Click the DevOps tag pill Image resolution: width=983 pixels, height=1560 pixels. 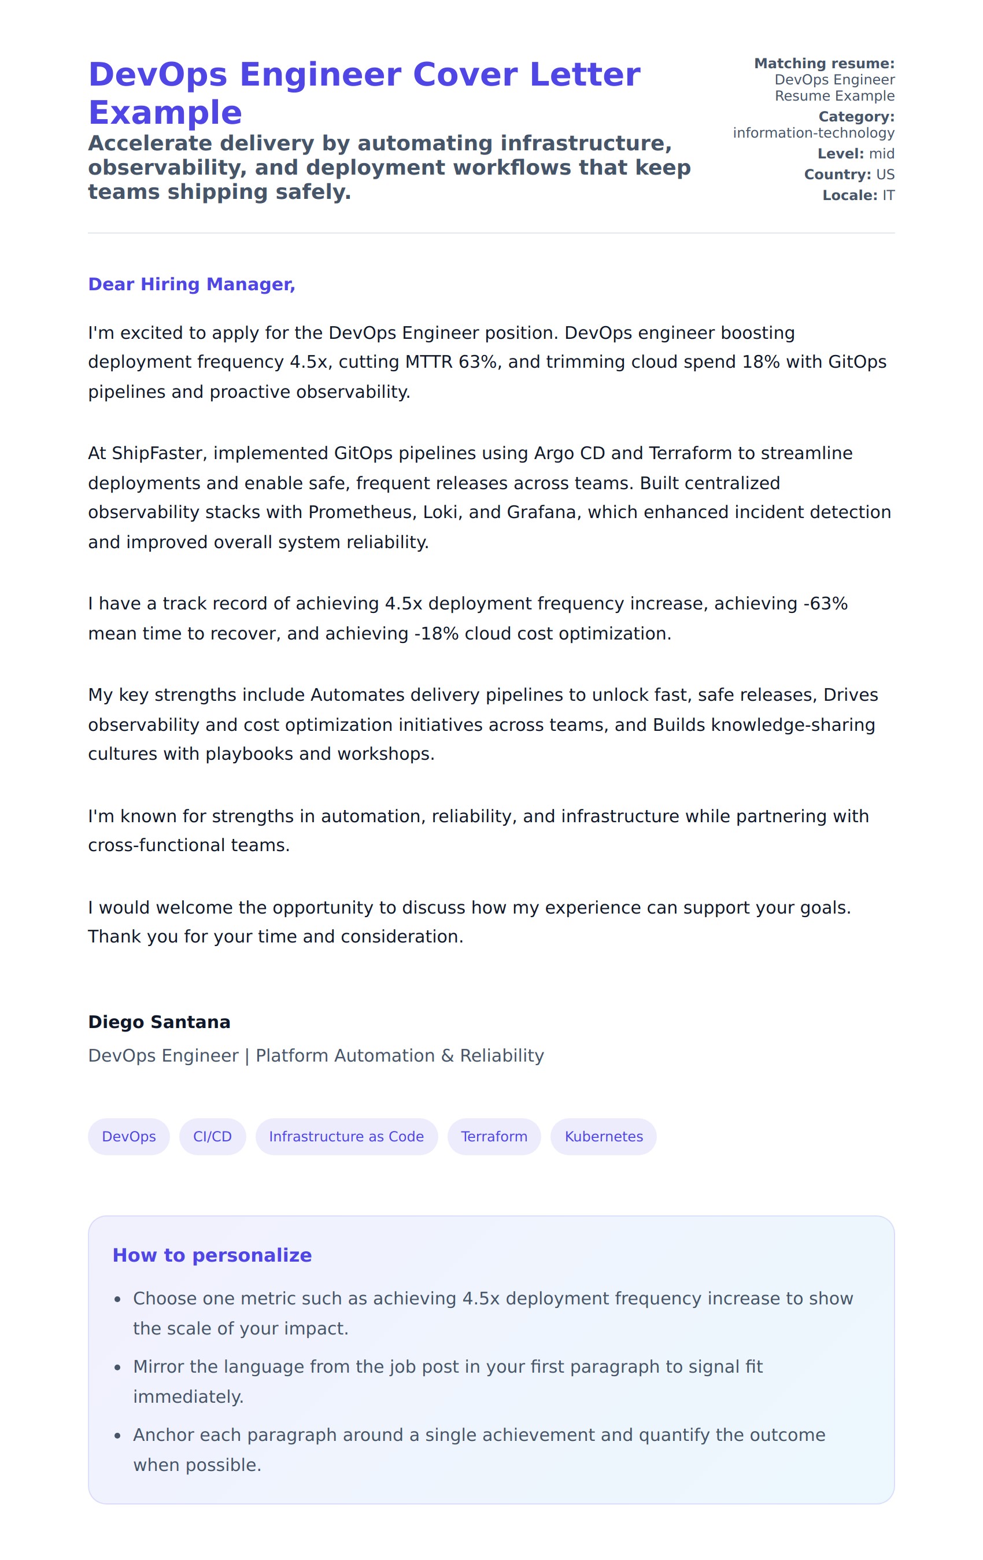[128, 1136]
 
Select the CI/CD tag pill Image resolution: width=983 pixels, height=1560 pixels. [212, 1136]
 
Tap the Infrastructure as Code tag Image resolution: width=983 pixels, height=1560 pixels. [346, 1136]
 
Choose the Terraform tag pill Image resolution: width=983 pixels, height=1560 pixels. [494, 1136]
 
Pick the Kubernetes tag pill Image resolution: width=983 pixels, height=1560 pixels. [603, 1136]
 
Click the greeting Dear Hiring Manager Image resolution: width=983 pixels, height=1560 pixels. [191, 284]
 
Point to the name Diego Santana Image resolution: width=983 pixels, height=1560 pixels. [159, 1022]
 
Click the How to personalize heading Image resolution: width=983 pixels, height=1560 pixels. [212, 1255]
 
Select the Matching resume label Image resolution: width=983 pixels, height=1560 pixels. [823, 64]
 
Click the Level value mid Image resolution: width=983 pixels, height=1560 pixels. [881, 154]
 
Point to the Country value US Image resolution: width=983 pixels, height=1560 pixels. [885, 174]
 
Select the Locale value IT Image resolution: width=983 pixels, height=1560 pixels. [888, 195]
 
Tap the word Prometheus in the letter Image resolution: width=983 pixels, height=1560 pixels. [361, 512]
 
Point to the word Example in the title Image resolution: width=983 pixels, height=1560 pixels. [165, 113]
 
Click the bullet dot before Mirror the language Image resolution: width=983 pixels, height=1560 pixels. [117, 1367]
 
